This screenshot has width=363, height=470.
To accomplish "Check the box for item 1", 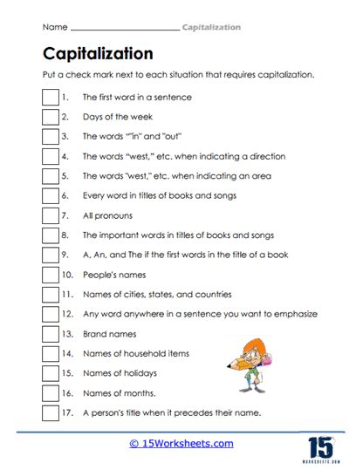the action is pyautogui.click(x=50, y=98).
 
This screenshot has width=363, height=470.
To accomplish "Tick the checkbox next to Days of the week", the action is pyautogui.click(x=50, y=117).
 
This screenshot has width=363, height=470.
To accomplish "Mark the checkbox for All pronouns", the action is pyautogui.click(x=50, y=215).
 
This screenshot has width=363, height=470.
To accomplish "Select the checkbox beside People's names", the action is pyautogui.click(x=50, y=275).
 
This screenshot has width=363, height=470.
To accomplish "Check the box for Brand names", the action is pyautogui.click(x=50, y=334).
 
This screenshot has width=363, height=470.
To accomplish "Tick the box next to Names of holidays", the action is pyautogui.click(x=50, y=373).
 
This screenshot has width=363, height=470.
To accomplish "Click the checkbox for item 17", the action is pyautogui.click(x=50, y=412).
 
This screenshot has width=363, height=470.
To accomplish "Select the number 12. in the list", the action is pyautogui.click(x=68, y=314).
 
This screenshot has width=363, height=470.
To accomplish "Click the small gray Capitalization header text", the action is pyautogui.click(x=211, y=28).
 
